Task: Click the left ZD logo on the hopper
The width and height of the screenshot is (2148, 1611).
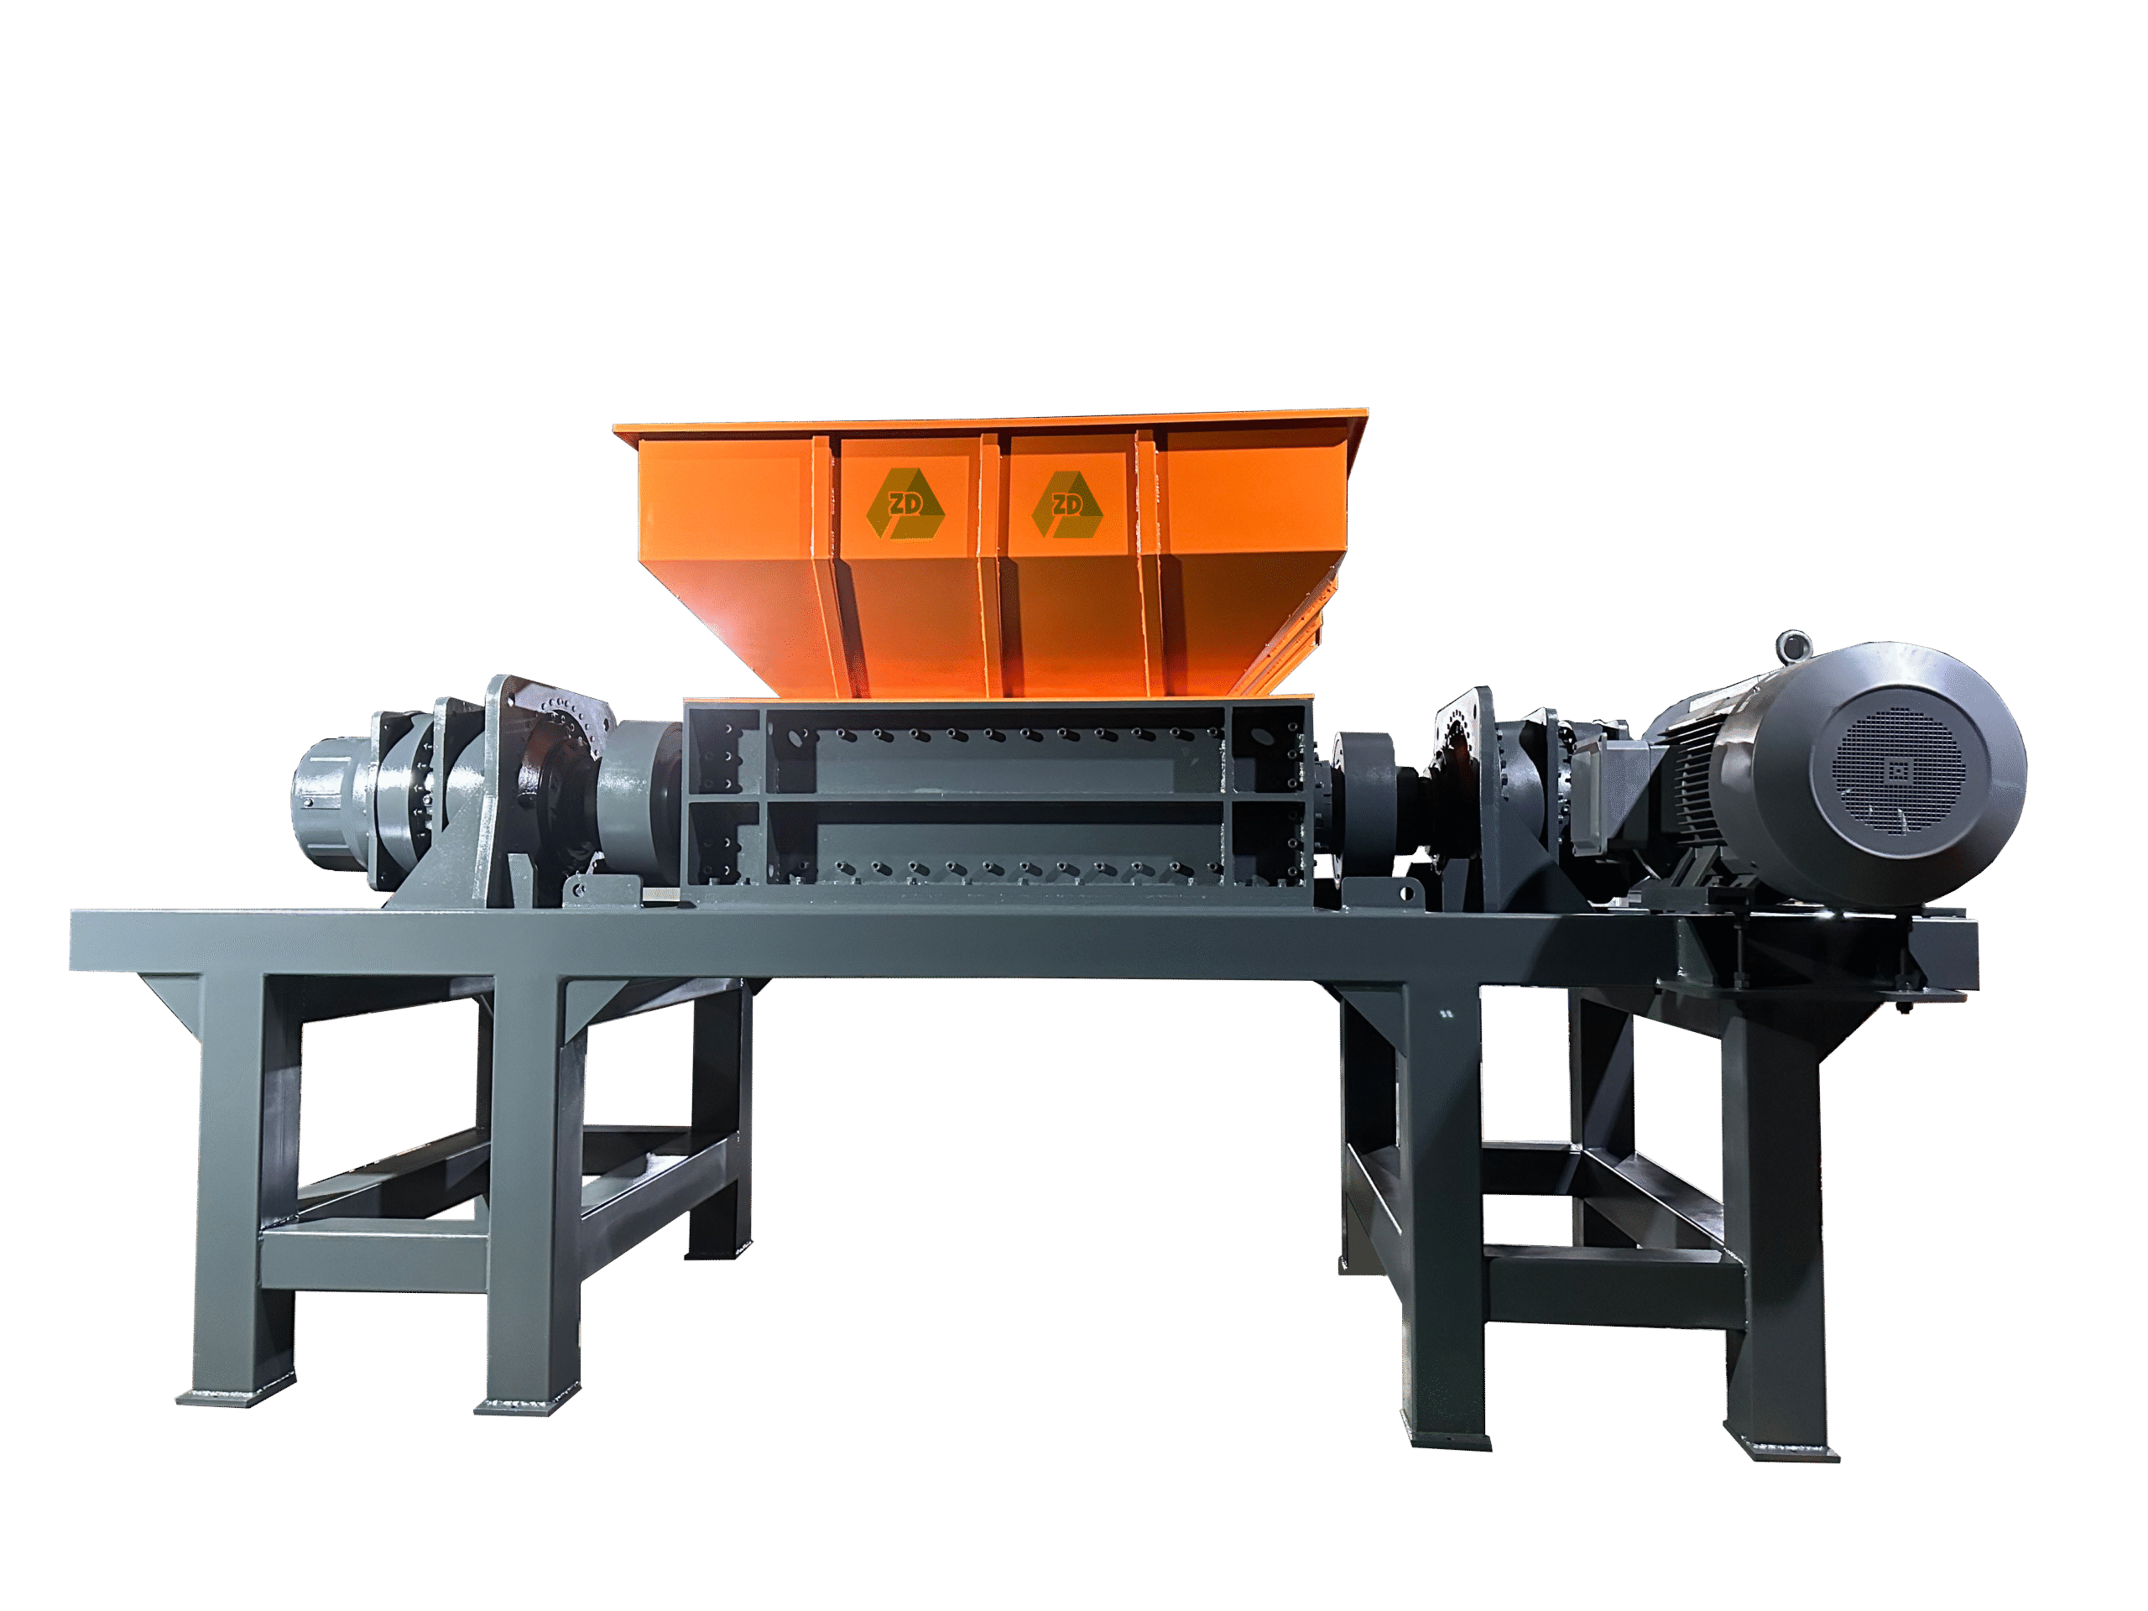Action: [x=905, y=503]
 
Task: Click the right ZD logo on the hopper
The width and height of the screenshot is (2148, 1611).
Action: [x=1067, y=504]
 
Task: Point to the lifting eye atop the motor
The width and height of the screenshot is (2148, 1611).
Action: [x=1794, y=647]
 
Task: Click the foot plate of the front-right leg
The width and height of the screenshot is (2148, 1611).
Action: [x=1781, y=1449]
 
